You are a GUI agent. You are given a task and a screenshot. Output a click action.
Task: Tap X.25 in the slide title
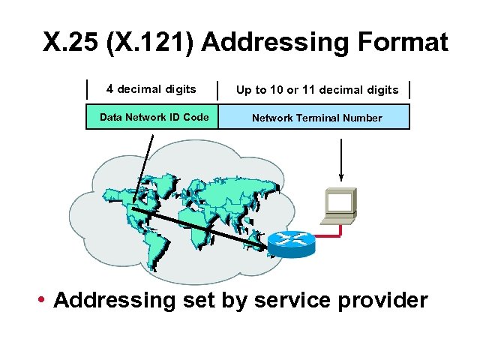coord(72,42)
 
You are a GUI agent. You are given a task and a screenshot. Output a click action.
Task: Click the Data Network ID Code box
coord(152,117)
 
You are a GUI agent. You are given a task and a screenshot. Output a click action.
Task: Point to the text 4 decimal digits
coord(151,89)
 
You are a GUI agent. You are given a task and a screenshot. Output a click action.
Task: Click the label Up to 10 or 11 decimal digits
coord(317,90)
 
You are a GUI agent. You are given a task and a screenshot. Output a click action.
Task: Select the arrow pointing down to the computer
coord(342,160)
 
